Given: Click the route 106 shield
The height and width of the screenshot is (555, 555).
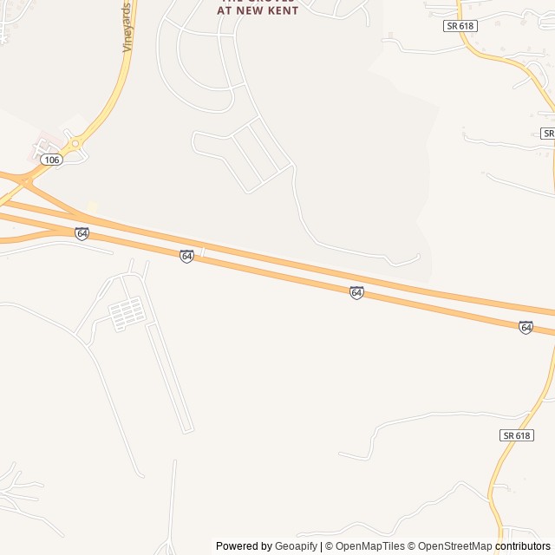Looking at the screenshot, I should tap(52, 160).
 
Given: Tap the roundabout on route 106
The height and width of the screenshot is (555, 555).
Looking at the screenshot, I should tap(75, 143).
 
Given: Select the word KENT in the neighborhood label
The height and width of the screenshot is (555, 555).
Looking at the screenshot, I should tap(284, 10).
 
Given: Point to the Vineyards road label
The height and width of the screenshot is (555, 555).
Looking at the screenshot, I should tap(127, 28).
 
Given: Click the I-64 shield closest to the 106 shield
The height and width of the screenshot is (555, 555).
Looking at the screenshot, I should tap(82, 233).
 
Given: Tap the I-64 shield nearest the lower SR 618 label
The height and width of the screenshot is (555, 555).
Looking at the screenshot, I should tap(526, 327).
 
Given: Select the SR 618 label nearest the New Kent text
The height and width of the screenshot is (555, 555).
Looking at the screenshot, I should tap(460, 26).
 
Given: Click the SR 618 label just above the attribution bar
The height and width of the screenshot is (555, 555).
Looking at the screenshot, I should tap(516, 435).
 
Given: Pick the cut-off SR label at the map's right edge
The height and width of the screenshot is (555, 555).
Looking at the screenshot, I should tap(548, 133).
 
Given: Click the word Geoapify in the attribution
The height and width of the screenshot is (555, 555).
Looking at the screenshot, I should tap(297, 546).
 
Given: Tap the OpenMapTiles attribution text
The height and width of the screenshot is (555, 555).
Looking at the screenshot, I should tap(369, 546).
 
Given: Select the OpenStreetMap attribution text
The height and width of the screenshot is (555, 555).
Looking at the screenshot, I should tap(454, 546).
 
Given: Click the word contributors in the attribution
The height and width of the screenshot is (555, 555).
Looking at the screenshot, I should tap(523, 546).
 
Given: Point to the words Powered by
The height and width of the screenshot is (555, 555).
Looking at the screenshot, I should tap(244, 546).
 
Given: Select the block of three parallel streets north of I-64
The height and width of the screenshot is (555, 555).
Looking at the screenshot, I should tap(256, 157).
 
